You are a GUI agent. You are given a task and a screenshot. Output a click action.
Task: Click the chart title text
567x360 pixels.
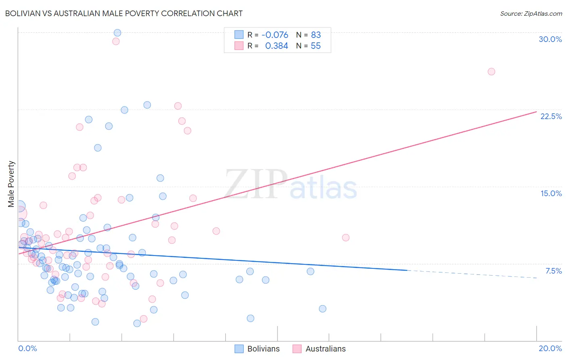pos(124,13)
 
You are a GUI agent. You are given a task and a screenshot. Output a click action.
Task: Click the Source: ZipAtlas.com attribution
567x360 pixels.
pos(531,13)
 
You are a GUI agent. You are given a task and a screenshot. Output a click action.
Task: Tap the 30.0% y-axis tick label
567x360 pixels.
pos(550,39)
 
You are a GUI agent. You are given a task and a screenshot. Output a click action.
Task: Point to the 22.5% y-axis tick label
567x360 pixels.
pos(551,116)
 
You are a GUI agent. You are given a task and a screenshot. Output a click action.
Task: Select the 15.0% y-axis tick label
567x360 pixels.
pos(551,193)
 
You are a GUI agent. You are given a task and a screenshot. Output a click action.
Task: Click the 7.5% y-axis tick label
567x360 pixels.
pos(553,271)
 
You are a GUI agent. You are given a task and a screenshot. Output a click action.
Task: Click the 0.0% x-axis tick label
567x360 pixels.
pos(27,348)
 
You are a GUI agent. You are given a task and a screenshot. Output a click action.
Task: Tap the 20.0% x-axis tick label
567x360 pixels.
pos(550,348)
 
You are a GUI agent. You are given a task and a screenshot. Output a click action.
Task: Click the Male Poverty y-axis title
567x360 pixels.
pos(11,184)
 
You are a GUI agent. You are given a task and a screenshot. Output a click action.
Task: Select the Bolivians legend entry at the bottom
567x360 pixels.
pos(263,349)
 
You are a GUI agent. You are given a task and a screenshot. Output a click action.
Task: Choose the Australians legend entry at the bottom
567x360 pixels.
pos(325,349)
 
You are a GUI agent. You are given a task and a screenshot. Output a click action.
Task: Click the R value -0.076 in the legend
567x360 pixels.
pos(275,35)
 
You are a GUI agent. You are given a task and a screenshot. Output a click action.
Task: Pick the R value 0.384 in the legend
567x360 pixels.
pos(276,46)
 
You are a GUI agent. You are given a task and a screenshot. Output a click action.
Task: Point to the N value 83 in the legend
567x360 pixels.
pos(316,35)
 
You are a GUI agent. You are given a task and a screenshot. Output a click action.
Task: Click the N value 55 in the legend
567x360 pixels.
pos(316,46)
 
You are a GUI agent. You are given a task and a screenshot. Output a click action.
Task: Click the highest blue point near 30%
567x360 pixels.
pos(117,33)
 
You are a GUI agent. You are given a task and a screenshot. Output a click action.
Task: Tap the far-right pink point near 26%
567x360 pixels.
pos(491,71)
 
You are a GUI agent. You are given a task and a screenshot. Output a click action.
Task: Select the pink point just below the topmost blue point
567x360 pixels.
pos(116,41)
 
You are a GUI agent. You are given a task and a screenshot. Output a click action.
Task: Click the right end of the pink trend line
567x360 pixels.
pos(536,112)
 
